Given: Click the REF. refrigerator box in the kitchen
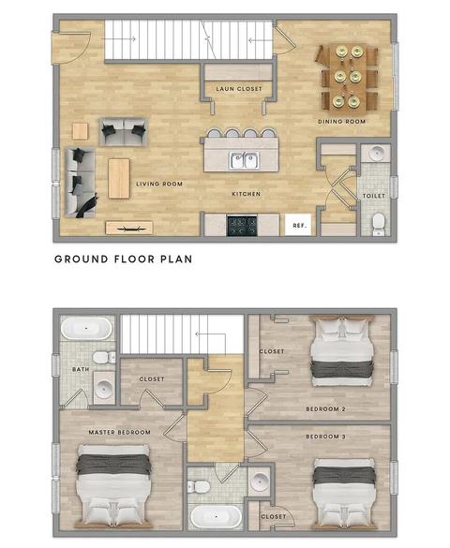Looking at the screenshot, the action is [298, 225].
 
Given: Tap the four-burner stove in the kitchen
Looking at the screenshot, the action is [242, 226].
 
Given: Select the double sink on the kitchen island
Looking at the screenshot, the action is [245, 160].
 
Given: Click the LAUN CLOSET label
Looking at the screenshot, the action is [239, 89].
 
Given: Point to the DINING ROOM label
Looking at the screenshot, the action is [341, 121].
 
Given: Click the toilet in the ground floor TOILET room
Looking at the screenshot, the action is [378, 224].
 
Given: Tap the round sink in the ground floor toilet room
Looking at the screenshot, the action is [376, 153].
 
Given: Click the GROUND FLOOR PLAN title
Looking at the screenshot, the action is [123, 259].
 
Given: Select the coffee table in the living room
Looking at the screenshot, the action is [119, 179].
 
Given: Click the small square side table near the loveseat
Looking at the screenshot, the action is [80, 131].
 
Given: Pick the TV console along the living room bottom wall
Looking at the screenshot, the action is [129, 228].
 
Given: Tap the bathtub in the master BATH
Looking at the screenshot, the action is [86, 328].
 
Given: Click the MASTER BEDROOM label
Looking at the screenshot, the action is [119, 433].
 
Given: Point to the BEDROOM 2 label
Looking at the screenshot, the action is [325, 409].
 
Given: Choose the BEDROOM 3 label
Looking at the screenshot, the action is [325, 437].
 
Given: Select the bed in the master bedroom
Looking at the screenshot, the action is [113, 486].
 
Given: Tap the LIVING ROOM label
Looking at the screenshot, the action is [159, 184].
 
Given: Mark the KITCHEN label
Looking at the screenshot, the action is [247, 194].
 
